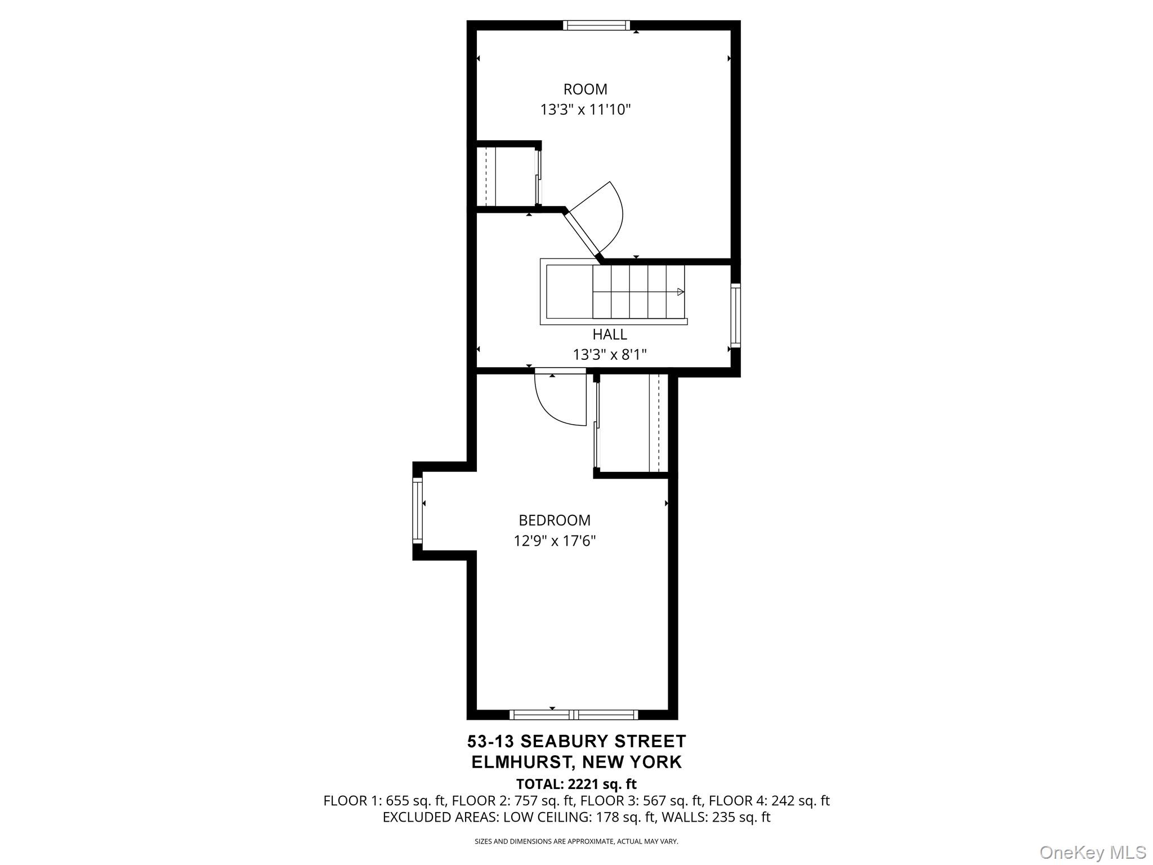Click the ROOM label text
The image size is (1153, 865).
point(585,90)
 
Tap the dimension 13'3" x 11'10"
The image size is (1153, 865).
point(585,110)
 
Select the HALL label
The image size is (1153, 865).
point(609,335)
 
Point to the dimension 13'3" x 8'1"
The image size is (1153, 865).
point(609,355)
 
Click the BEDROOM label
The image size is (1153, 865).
point(555,520)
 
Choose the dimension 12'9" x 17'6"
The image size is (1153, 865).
point(555,541)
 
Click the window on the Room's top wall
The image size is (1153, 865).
point(596,25)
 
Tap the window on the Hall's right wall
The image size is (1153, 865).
point(735,315)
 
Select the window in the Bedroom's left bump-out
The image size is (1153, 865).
point(417,510)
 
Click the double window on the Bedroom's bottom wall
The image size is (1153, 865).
point(574,715)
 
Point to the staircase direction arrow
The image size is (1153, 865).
point(680,292)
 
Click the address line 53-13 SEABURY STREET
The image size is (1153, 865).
point(576,741)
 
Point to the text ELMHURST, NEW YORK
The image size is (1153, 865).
point(576,762)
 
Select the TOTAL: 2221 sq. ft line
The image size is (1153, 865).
point(576,784)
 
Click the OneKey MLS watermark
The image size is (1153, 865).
point(1092,852)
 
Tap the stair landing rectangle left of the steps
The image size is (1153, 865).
point(569,292)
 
